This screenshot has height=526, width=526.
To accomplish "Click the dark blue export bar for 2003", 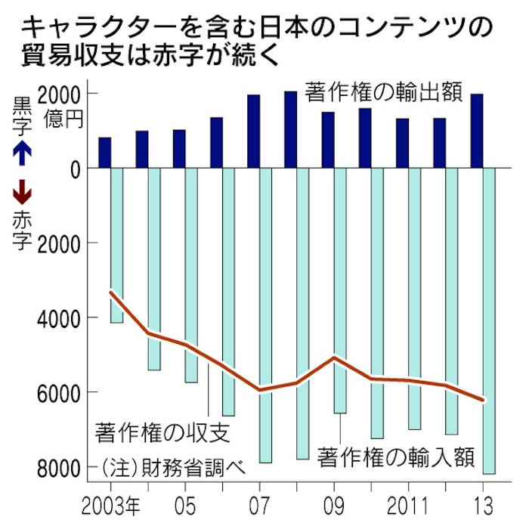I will pos(105,153).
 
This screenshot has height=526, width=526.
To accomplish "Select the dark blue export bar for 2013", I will pos(476,131).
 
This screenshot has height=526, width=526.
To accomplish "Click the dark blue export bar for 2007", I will pos(254,131).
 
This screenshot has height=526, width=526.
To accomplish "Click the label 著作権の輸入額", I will pos(397,458).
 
